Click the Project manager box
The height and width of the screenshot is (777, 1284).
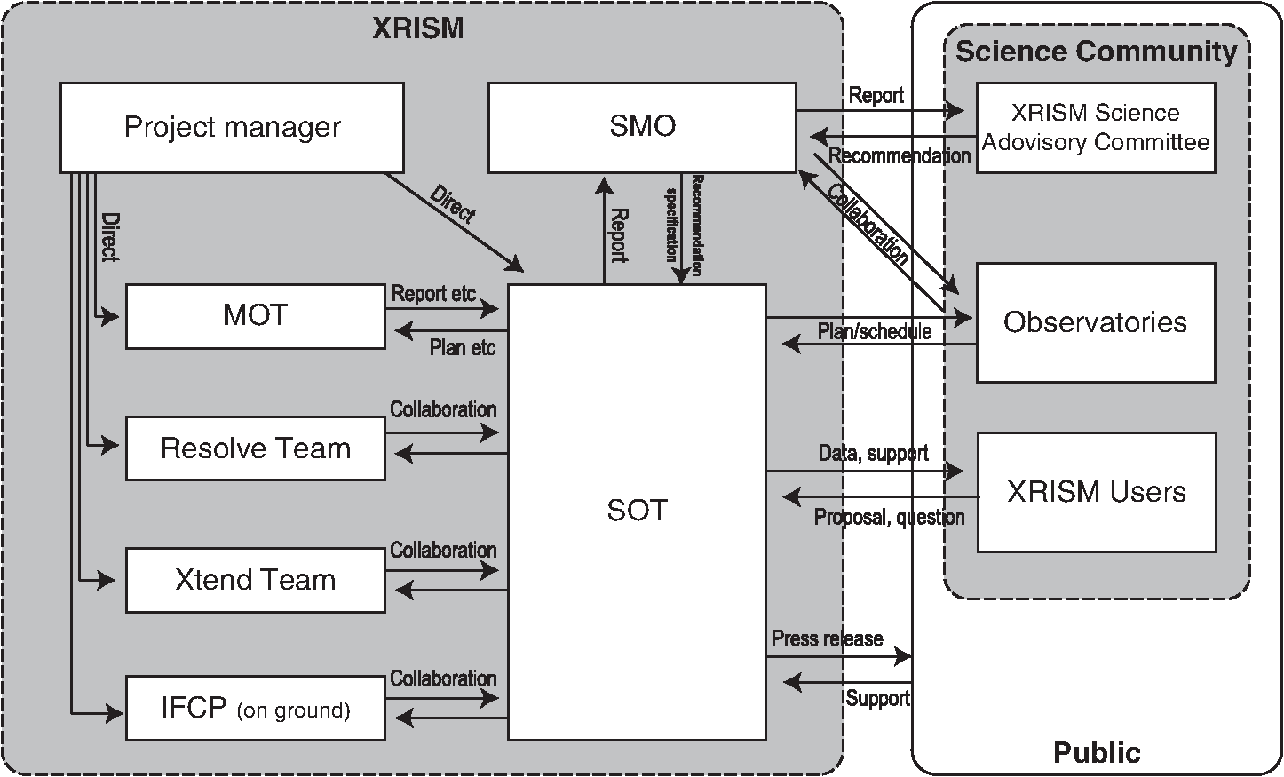[x=232, y=127]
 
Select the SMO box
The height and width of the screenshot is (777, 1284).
[x=642, y=127]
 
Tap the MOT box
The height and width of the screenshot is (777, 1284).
[x=255, y=316]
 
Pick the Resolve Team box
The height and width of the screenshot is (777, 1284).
[x=255, y=448]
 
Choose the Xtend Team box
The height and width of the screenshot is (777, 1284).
[x=255, y=581]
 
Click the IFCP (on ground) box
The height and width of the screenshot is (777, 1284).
[x=255, y=709]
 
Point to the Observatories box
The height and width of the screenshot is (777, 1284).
[x=1096, y=323]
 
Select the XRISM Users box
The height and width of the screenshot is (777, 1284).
[x=1097, y=493]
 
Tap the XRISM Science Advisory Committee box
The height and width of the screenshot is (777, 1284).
[x=1096, y=127]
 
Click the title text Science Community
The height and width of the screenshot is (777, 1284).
[x=1096, y=51]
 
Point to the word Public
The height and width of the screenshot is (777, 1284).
[x=1097, y=752]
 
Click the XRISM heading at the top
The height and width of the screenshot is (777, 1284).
[x=418, y=28]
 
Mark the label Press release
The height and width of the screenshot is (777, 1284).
[x=828, y=638]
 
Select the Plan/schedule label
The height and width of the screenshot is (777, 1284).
[x=874, y=331]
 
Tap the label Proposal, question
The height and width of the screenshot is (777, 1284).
[x=889, y=517]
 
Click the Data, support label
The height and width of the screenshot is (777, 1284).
[x=873, y=453]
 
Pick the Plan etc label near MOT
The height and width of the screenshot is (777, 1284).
[x=463, y=347]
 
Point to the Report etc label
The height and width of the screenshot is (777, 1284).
[x=433, y=294]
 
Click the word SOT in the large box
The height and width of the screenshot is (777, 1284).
[x=637, y=511]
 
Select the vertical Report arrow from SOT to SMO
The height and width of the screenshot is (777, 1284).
[x=604, y=231]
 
